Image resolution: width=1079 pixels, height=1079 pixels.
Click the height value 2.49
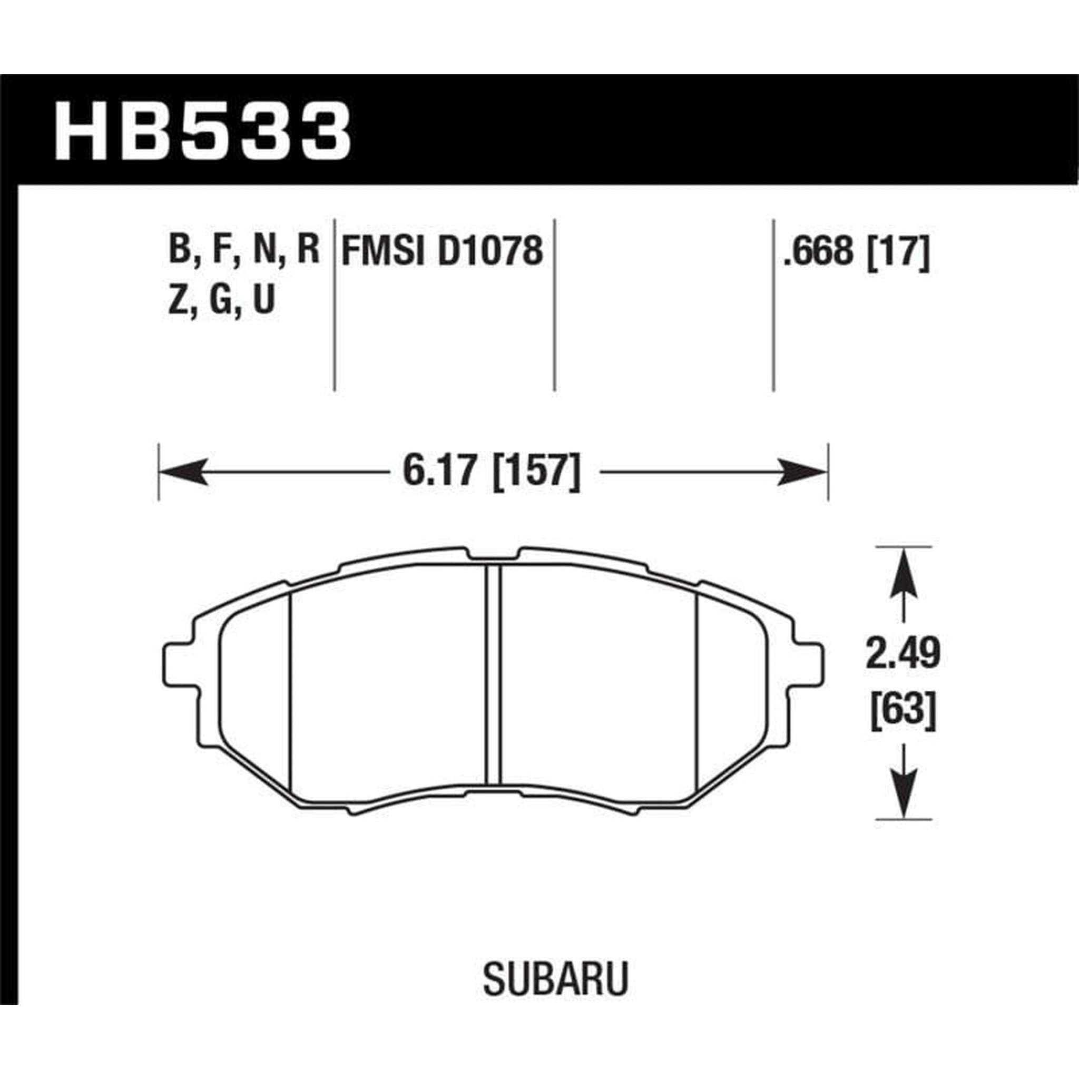[x=903, y=654]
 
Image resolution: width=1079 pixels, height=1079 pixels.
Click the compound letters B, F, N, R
[x=243, y=251]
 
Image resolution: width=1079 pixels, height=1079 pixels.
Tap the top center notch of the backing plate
[x=494, y=556]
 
